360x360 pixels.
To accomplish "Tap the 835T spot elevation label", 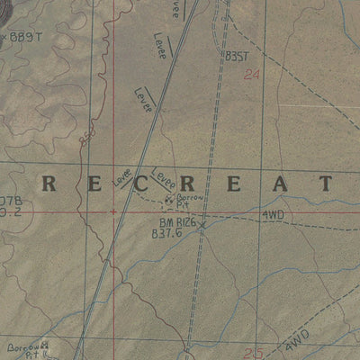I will [x=236, y=56].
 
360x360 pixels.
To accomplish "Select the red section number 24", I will [x=250, y=76].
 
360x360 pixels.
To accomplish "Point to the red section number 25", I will [x=253, y=353].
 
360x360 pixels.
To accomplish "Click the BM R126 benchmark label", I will [x=177, y=221].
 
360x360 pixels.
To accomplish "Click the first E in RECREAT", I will [x=85, y=184].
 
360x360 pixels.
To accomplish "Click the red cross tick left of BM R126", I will [x=112, y=212].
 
